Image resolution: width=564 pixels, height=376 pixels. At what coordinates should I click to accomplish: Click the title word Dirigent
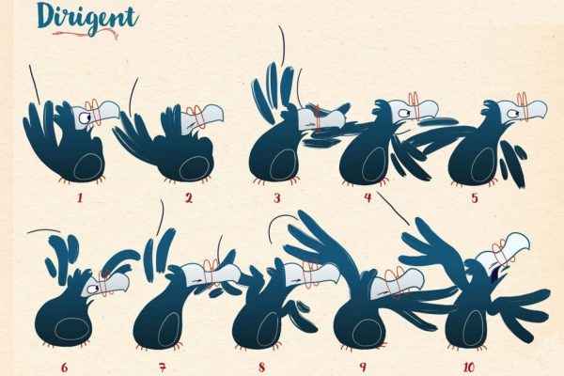tap(87, 17)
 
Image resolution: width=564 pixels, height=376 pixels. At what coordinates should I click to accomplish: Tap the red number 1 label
tap(80, 197)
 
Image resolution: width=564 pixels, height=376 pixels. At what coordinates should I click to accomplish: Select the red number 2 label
tap(189, 197)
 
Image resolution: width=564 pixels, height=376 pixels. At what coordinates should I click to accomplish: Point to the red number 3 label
tap(276, 198)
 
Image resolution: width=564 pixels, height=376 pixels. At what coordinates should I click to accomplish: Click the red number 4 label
tap(368, 197)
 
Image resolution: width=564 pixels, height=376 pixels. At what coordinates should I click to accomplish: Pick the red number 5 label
tap(475, 198)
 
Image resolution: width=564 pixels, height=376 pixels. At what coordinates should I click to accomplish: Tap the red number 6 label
tap(64, 368)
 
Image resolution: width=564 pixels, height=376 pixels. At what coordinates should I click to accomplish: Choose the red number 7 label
tap(163, 368)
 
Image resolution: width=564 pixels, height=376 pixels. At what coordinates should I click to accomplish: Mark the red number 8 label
tap(261, 368)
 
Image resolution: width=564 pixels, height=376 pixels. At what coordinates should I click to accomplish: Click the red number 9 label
tap(363, 367)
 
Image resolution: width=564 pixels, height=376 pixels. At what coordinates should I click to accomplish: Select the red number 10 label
tap(468, 368)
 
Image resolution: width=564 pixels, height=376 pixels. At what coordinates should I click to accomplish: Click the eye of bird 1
tap(85, 117)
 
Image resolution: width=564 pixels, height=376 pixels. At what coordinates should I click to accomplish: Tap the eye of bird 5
tap(512, 114)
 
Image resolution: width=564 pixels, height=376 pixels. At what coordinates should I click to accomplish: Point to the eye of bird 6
tap(93, 289)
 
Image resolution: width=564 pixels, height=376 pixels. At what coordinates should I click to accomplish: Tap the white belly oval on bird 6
tap(70, 329)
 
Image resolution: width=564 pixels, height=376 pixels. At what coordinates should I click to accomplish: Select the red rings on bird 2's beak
tap(196, 116)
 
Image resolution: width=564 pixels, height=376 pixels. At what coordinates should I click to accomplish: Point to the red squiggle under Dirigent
tap(86, 34)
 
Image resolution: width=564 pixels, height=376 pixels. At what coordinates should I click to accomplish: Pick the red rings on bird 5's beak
tap(523, 106)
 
